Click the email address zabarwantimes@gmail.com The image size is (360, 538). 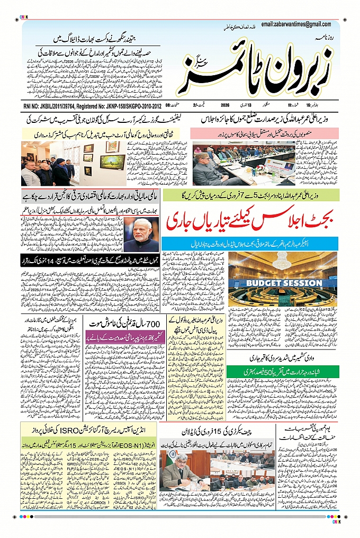[x=296, y=24]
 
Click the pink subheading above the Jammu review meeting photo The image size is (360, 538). [x=263, y=133]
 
